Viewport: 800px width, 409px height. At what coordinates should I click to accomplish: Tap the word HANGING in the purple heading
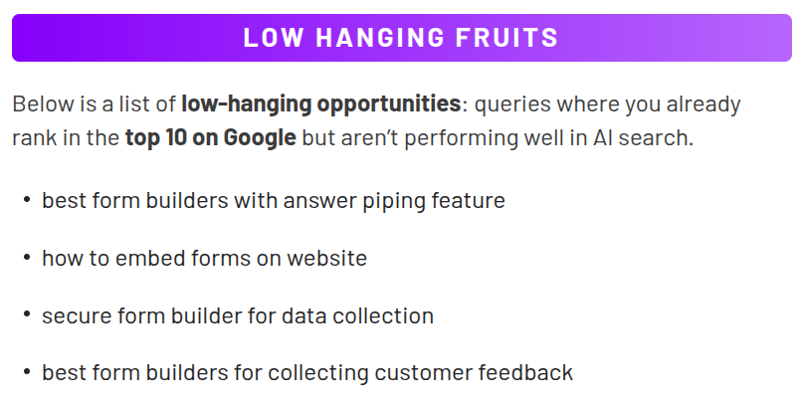point(380,38)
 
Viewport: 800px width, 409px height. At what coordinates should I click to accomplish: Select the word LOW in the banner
point(274,38)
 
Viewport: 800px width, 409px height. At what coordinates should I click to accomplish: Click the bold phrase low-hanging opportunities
point(321,104)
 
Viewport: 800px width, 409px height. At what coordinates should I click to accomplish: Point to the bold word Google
point(260,137)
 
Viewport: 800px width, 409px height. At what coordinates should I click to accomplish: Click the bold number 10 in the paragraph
point(176,137)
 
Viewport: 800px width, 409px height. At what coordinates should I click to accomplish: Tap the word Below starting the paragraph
point(43,104)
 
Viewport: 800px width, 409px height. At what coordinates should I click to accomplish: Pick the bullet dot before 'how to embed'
point(27,258)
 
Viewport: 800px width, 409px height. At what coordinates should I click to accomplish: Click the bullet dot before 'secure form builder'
point(27,314)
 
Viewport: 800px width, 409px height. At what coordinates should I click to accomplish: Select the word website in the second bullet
point(327,258)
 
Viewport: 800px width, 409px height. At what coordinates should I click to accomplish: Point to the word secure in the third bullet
point(77,316)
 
